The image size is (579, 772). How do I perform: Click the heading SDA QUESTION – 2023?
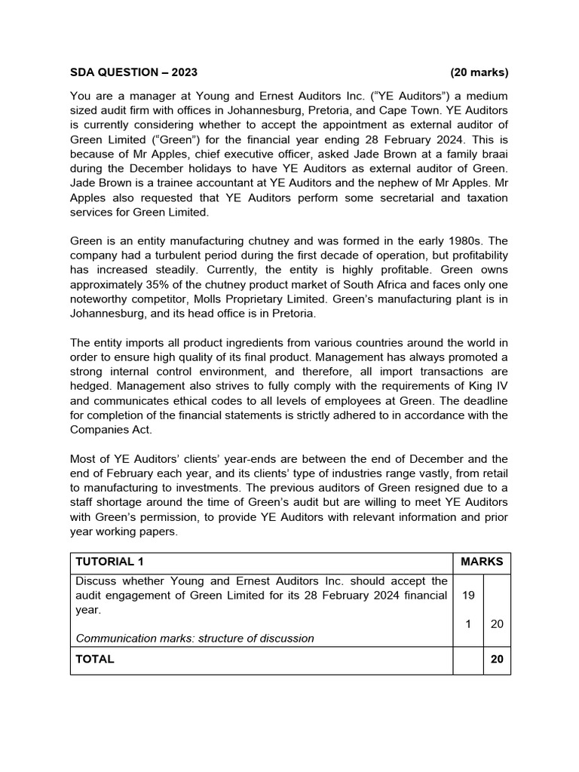coord(133,72)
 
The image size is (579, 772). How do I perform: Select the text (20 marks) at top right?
coord(479,72)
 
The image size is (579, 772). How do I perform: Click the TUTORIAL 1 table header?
coord(109,562)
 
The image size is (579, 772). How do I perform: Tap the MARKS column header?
coord(481,562)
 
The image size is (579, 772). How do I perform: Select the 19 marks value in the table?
coord(467,595)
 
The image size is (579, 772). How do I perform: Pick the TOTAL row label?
coord(95,659)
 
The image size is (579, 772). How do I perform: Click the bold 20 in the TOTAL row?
coord(496,659)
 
